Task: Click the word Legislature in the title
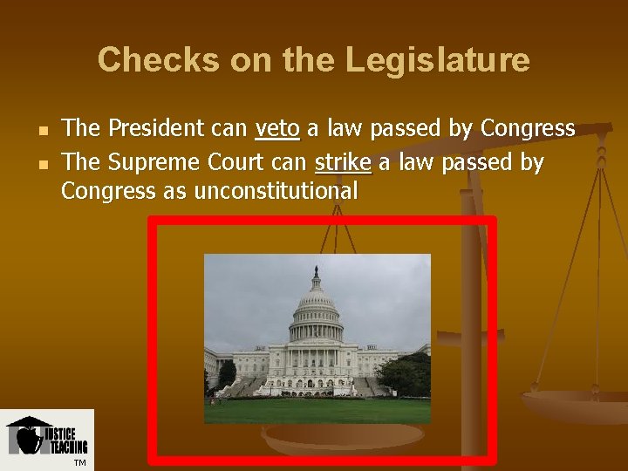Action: click(x=437, y=60)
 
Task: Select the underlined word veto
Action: click(x=276, y=129)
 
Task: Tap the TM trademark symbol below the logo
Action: click(x=79, y=462)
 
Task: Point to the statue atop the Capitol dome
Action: click(x=316, y=272)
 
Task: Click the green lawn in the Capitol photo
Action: click(x=317, y=410)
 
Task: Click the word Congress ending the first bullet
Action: click(x=528, y=129)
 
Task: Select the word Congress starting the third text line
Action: click(x=108, y=191)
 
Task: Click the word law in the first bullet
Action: click(x=346, y=129)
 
